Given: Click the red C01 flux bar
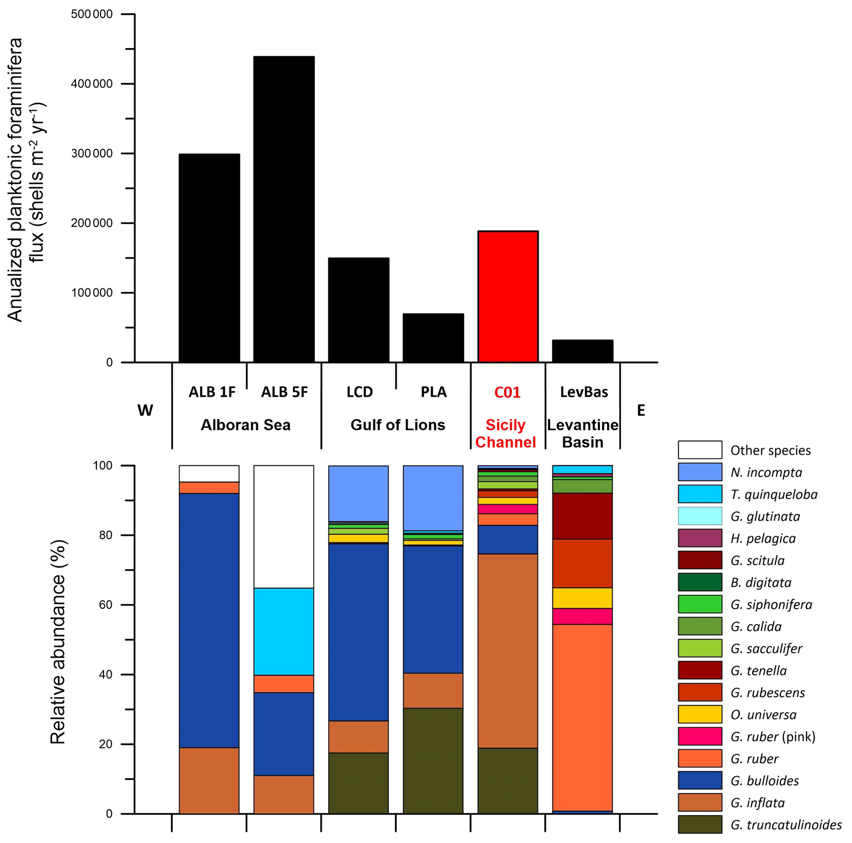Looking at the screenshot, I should click(508, 296).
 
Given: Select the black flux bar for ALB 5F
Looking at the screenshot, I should click(284, 209).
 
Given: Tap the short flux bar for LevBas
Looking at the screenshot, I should click(582, 351).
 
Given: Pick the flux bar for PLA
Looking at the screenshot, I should click(433, 338).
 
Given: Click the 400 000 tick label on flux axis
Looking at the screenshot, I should click(92, 84).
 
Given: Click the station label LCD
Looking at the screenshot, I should click(359, 392).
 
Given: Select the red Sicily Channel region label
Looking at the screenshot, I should click(505, 433).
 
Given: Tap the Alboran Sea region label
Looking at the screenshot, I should click(246, 425).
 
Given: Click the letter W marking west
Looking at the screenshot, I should click(145, 410).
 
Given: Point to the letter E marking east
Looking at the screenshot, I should click(641, 410).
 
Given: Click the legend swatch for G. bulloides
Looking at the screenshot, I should click(699, 780).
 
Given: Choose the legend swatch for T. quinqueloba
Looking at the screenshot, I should click(699, 494).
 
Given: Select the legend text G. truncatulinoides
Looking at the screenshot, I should click(786, 824).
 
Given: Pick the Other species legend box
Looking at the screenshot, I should click(699, 450).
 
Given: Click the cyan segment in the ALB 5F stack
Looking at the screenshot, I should click(284, 631).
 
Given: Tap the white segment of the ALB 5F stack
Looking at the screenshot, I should click(284, 526).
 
